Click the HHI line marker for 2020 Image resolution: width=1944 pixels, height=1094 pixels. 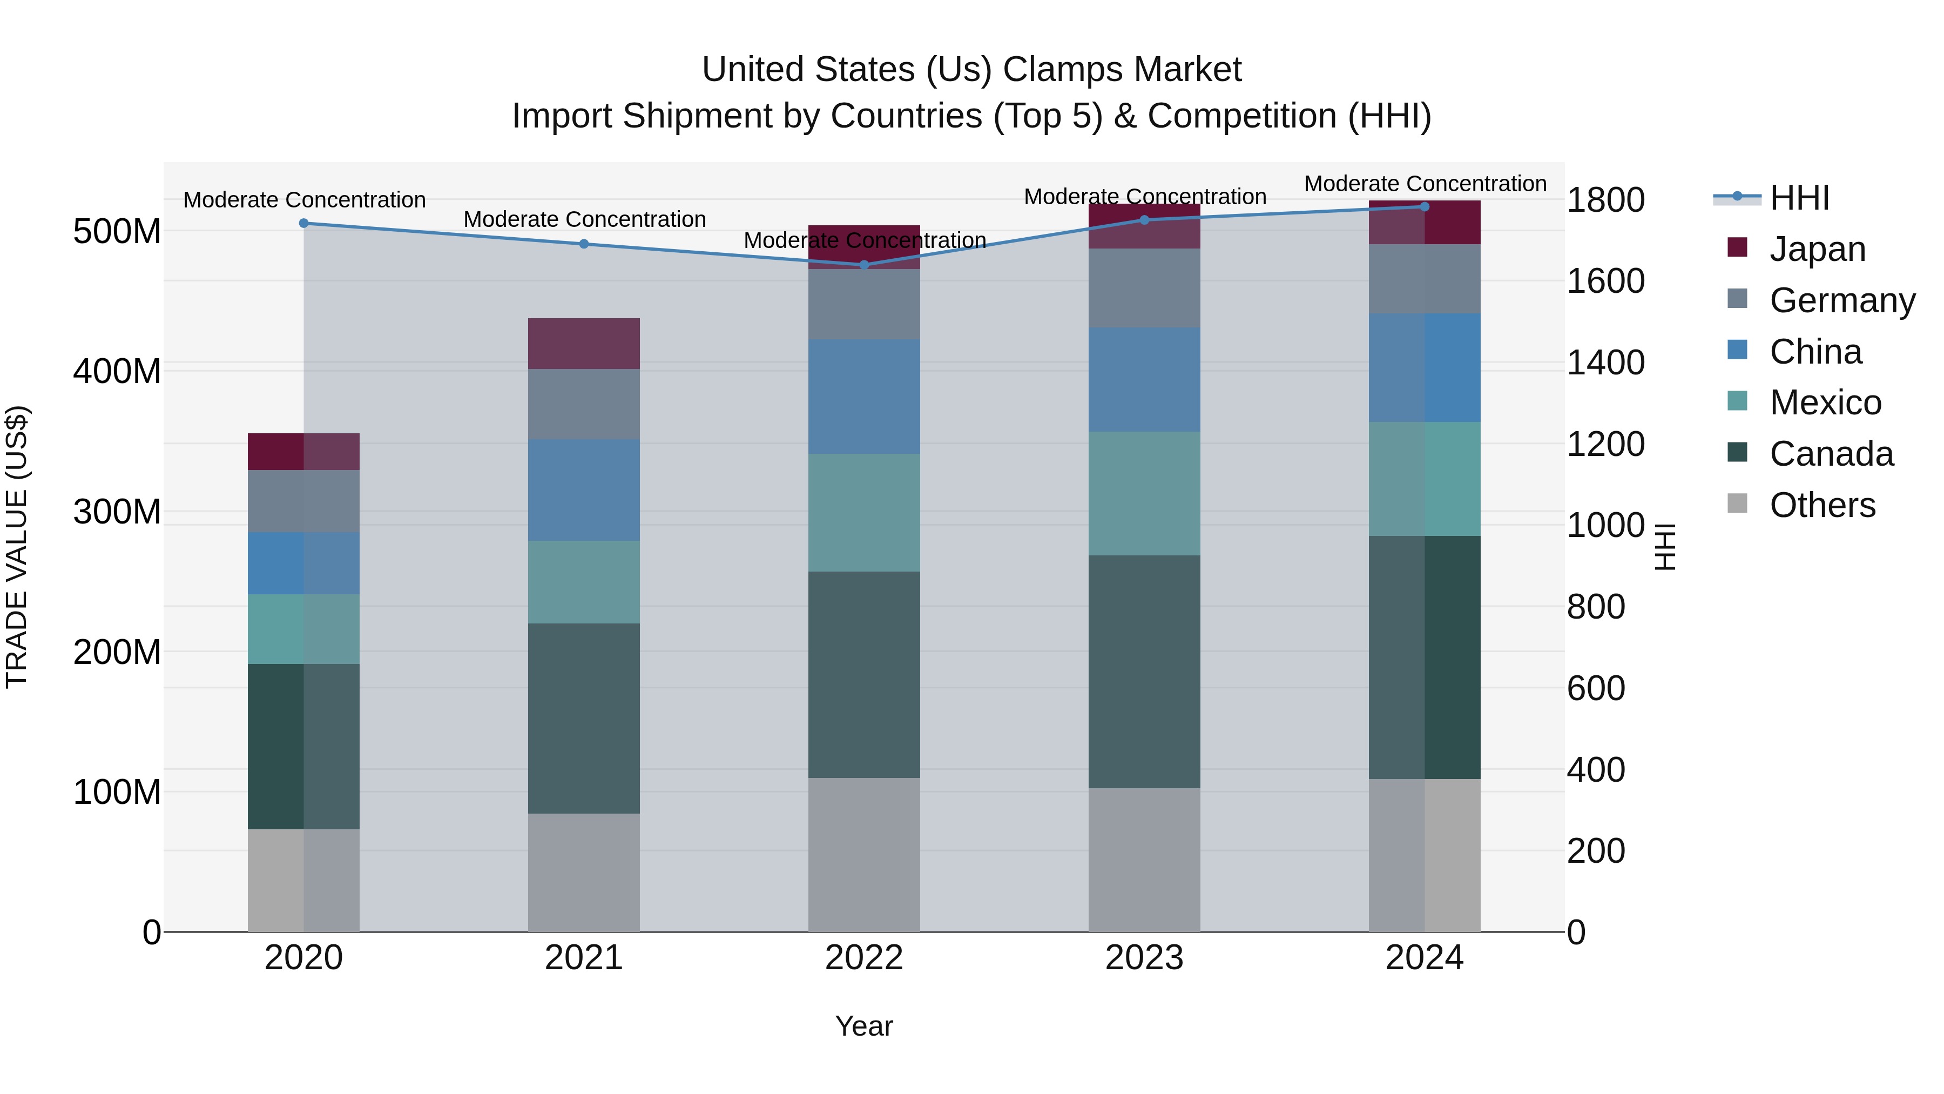pyautogui.click(x=303, y=224)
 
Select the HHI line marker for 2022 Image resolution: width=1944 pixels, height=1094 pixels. pyautogui.click(x=864, y=265)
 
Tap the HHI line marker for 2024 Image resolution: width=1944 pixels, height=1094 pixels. pyautogui.click(x=1424, y=207)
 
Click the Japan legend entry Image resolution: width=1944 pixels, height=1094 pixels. pyautogui.click(x=1817, y=249)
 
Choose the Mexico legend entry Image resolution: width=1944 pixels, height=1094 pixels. pyautogui.click(x=1824, y=402)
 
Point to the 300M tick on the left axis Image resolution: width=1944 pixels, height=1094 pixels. pyautogui.click(x=117, y=512)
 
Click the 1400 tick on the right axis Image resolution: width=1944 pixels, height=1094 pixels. pyautogui.click(x=1605, y=363)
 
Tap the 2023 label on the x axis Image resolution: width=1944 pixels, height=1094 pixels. pyautogui.click(x=1144, y=958)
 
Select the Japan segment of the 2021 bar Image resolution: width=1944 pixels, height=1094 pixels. pyautogui.click(x=583, y=344)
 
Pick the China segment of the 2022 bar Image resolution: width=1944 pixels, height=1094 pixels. pyautogui.click(x=864, y=397)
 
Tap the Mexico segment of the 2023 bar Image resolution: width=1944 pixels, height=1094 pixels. pyautogui.click(x=1144, y=493)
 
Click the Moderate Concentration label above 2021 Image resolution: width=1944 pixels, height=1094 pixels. pyautogui.click(x=584, y=220)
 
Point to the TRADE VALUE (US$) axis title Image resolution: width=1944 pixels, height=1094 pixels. pyautogui.click(x=17, y=547)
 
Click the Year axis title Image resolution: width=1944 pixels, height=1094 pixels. pyautogui.click(x=863, y=1026)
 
